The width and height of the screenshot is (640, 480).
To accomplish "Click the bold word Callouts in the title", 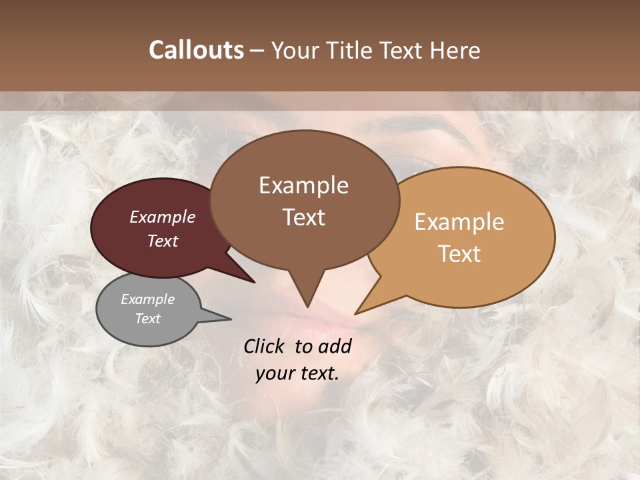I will tap(196, 51).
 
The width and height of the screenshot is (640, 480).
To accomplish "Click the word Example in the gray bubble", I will tap(147, 300).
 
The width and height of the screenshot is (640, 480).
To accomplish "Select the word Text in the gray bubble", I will tap(147, 319).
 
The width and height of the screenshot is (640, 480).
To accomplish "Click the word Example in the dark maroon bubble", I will tap(163, 217).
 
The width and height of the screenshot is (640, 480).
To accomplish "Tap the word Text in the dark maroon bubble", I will tap(163, 241).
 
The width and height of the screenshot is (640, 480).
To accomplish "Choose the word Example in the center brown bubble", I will tap(303, 185).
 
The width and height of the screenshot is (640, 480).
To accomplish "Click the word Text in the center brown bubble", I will tap(303, 217).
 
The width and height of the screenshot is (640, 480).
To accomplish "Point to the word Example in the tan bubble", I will tap(459, 222).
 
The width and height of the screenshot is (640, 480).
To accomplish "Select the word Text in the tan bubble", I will tap(459, 254).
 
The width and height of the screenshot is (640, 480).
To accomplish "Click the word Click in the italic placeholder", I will tap(265, 346).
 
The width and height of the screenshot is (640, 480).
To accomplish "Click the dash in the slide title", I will tap(257, 51).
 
